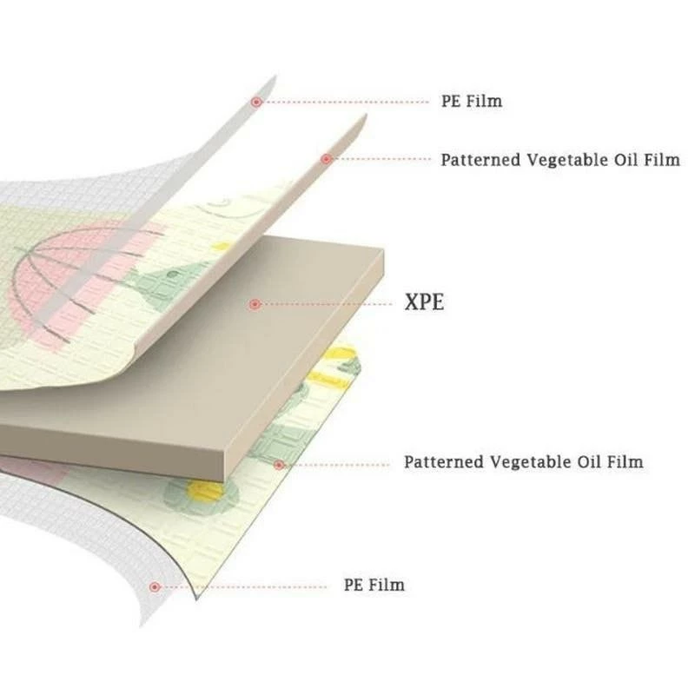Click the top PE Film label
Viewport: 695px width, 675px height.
pyautogui.click(x=472, y=101)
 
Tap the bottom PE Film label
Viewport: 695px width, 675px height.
pyautogui.click(x=374, y=585)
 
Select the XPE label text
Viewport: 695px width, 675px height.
pyautogui.click(x=424, y=302)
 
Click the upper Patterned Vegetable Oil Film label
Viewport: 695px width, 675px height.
pyautogui.click(x=560, y=160)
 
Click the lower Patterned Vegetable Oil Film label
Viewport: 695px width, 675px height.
pyautogui.click(x=524, y=462)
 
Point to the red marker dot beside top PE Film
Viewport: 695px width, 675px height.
pyautogui.click(x=255, y=102)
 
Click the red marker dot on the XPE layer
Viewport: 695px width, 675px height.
pyautogui.click(x=255, y=304)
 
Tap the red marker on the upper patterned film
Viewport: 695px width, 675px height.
pyautogui.click(x=327, y=159)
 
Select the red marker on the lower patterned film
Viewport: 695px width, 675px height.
pyautogui.click(x=279, y=465)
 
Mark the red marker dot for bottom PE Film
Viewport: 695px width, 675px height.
pyautogui.click(x=155, y=587)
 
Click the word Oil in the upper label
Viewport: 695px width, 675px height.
pyautogui.click(x=625, y=160)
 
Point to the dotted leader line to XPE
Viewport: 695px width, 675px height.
pyautogui.click(x=327, y=304)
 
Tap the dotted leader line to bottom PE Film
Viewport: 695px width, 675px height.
pyautogui.click(x=244, y=587)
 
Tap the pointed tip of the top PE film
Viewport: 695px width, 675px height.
pyautogui.click(x=275, y=76)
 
